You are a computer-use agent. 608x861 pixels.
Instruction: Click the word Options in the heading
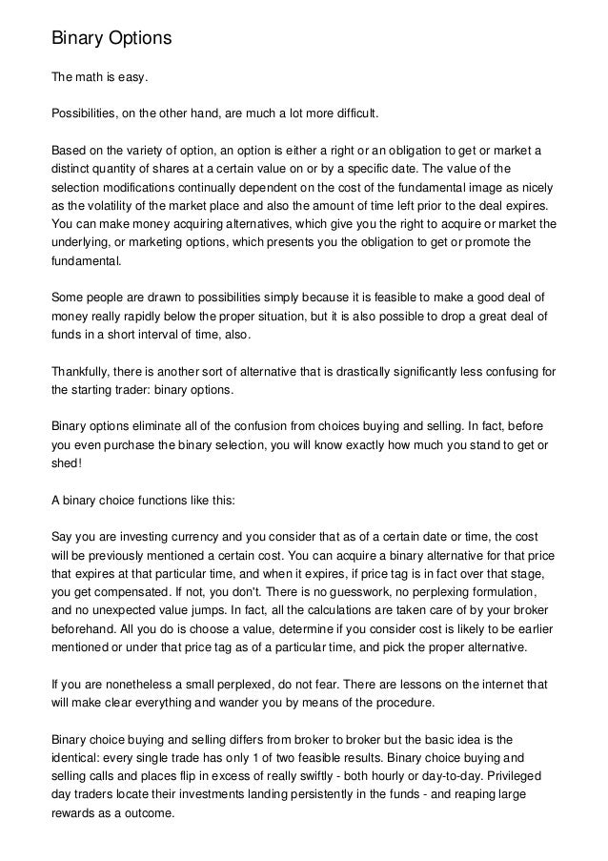click(133, 40)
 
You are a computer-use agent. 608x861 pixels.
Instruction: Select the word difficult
click(352, 114)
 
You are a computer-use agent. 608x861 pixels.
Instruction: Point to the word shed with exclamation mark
click(65, 462)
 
